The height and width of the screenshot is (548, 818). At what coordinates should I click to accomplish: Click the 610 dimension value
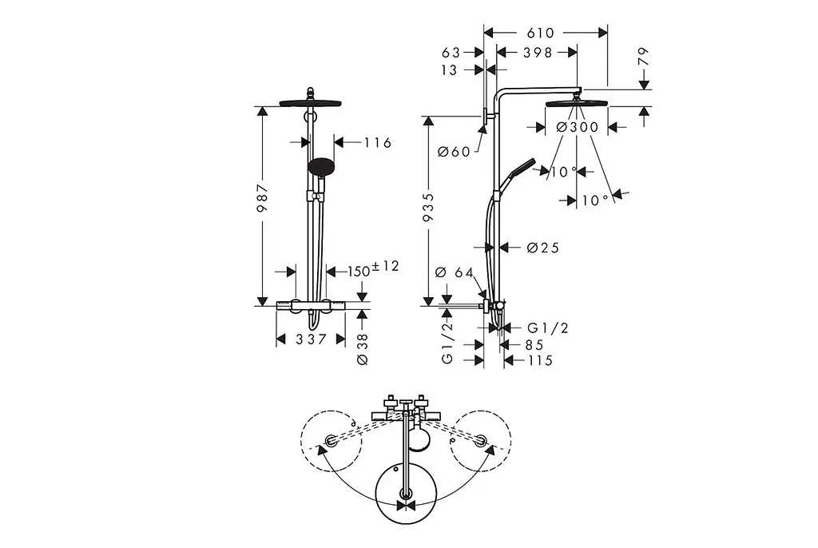[540, 33]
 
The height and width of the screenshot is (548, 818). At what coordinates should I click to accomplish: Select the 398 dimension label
[538, 53]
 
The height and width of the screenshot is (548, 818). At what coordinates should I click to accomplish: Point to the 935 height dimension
[428, 207]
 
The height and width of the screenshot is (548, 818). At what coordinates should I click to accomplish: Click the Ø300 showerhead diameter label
[577, 127]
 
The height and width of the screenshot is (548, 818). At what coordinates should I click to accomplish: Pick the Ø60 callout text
[454, 152]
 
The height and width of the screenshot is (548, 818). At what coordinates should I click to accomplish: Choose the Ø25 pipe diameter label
[542, 248]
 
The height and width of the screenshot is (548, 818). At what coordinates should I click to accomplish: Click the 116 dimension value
[377, 142]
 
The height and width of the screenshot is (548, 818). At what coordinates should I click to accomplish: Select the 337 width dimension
[311, 340]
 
